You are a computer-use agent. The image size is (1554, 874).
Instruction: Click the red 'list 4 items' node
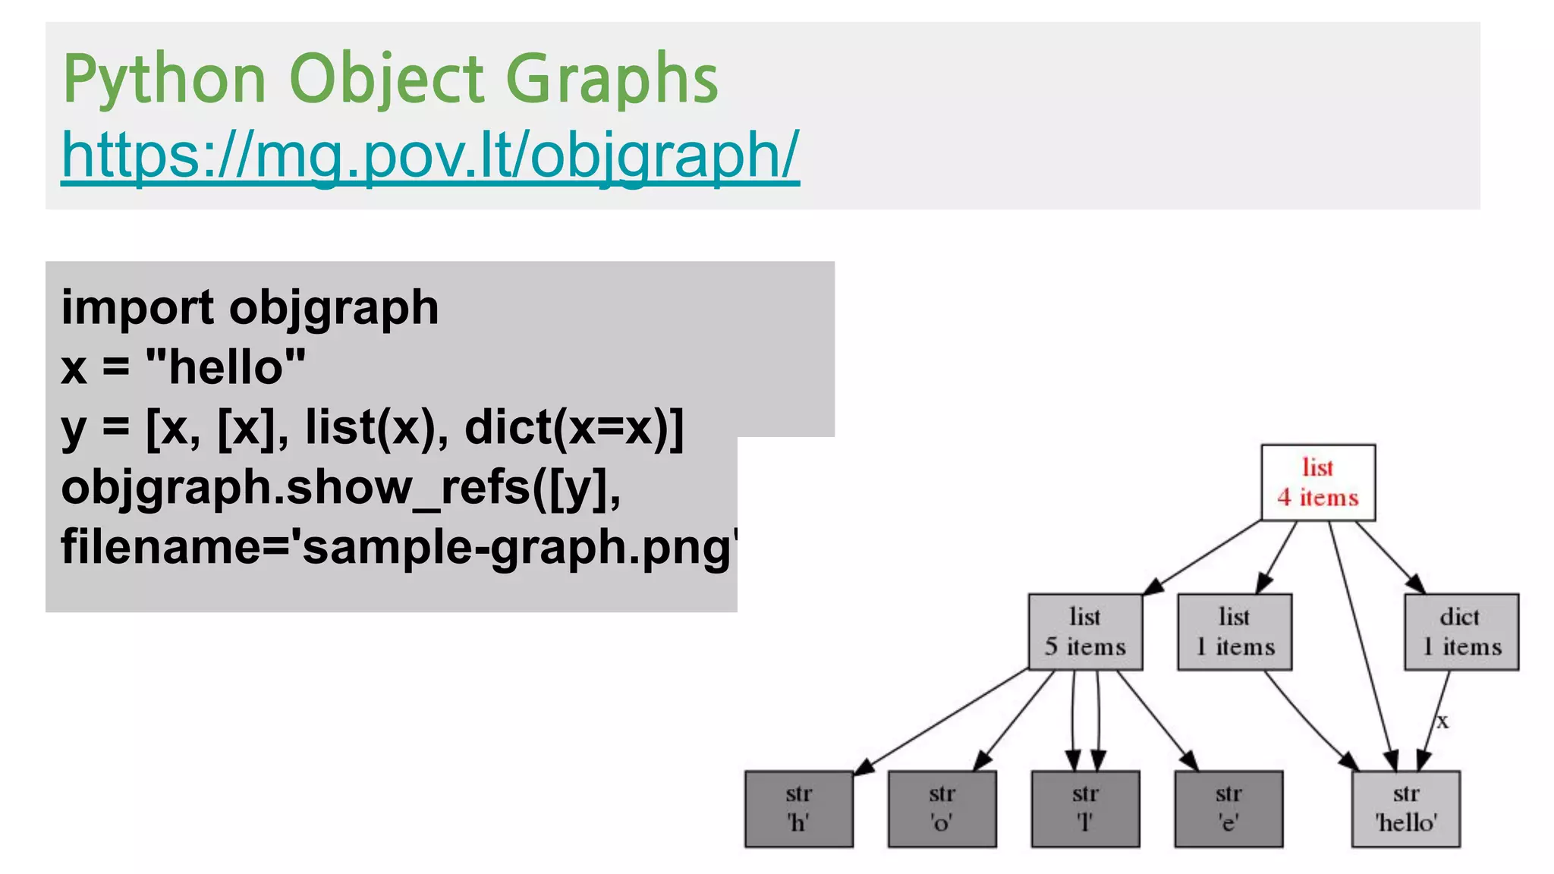1318,483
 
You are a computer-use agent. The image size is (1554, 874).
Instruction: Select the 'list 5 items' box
1085,632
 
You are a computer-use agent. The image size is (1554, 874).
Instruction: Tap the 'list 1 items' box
1235,632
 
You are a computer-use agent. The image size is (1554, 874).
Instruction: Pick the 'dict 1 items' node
1461,632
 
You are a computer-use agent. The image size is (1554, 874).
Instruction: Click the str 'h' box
799,809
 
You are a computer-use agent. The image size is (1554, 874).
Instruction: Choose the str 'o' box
942,809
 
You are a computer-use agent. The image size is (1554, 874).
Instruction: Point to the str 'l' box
1085,809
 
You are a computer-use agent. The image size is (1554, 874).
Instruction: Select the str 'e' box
1228,809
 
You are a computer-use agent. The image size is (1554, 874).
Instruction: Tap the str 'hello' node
1406,809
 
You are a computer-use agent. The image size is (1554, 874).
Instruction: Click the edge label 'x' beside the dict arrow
1442,722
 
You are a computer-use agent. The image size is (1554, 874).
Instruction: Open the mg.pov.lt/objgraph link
430,155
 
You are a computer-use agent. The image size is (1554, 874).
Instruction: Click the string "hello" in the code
225,367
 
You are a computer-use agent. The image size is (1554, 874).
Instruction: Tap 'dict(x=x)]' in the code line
574,427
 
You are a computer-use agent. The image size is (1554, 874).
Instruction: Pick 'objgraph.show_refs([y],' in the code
341,487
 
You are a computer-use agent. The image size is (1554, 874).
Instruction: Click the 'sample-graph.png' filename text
516,547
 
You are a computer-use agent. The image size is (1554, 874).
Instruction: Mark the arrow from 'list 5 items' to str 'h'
941,721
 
